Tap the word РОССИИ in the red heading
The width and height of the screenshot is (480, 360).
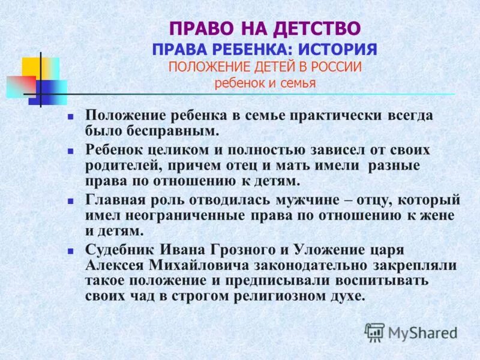338,67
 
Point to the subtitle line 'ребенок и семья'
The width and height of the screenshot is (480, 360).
265,83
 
